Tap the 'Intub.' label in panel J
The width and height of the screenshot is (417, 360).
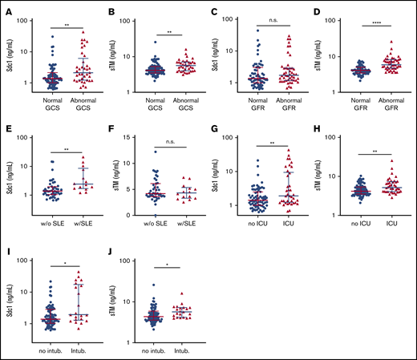[183, 342]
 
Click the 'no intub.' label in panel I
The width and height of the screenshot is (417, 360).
[51, 342]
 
